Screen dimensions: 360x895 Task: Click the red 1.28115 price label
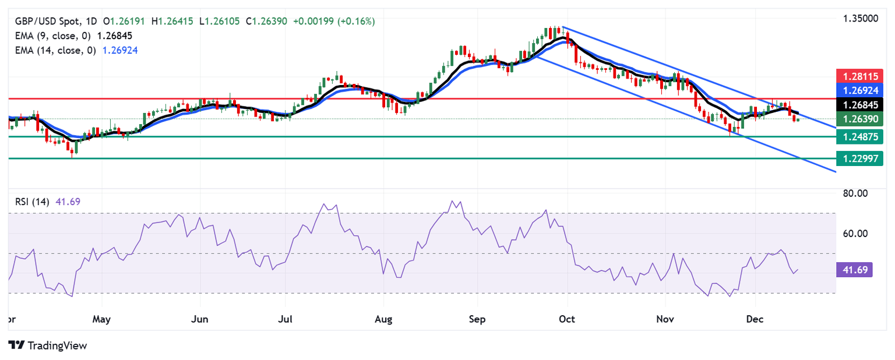tap(859, 76)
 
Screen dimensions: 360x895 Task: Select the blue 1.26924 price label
tap(859, 90)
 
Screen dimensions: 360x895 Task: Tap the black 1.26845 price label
tap(859, 105)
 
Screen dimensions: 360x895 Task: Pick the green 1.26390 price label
tap(859, 119)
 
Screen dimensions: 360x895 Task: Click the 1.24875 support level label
tap(859, 137)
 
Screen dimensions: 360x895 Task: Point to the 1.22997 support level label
tap(859, 158)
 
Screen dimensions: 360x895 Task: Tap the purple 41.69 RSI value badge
tap(853, 270)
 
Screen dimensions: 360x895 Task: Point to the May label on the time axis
tap(101, 320)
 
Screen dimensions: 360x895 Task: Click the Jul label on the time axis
tap(286, 320)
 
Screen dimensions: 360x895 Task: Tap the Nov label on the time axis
tap(665, 320)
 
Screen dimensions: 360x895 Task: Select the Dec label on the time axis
tap(755, 320)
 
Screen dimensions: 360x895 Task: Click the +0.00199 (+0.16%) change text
tap(334, 21)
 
